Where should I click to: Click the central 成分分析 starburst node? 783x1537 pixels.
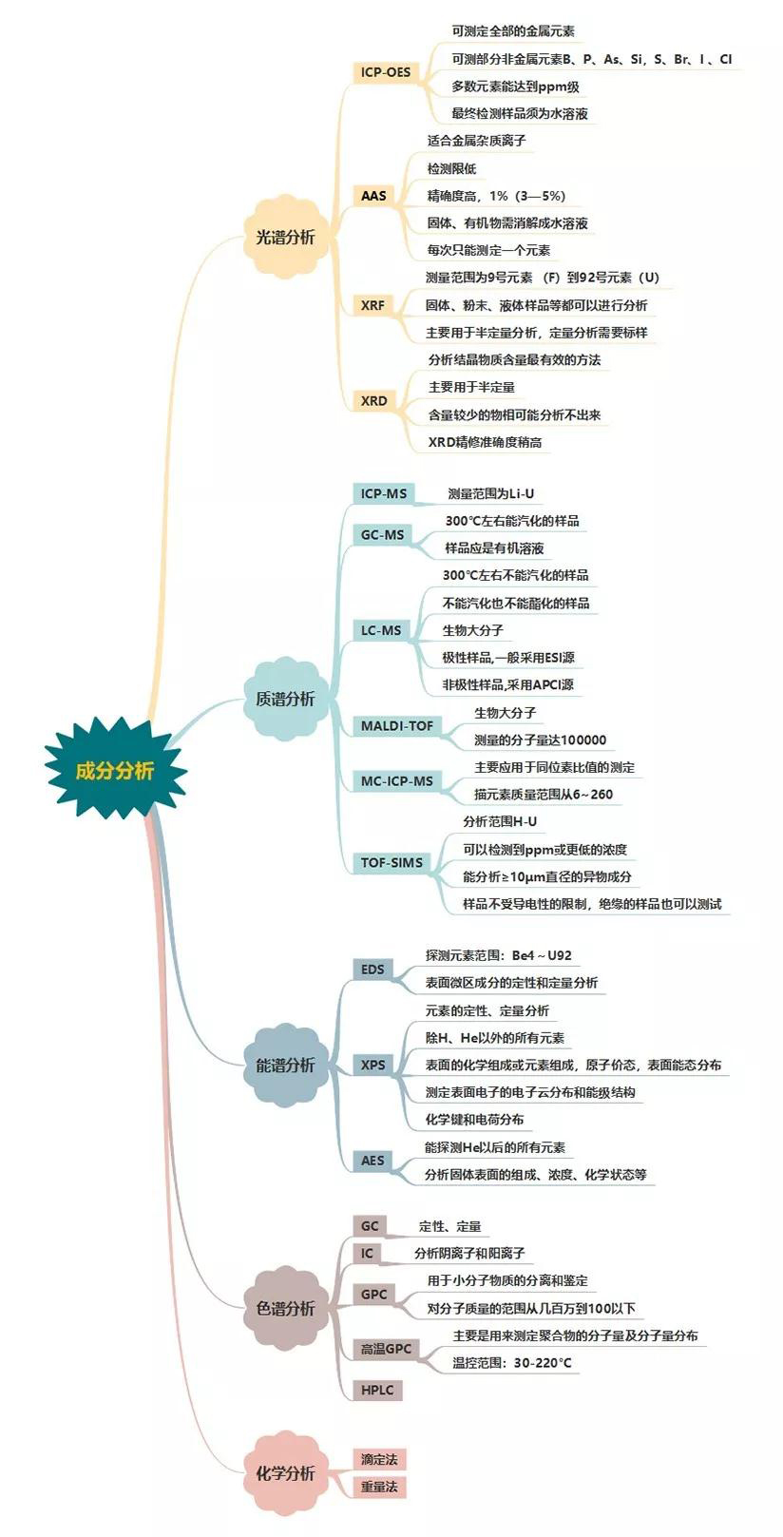pos(115,770)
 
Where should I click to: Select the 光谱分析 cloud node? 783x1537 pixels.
pos(285,238)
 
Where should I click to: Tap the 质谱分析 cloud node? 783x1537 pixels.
pos(285,699)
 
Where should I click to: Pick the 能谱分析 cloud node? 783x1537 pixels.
pos(285,1065)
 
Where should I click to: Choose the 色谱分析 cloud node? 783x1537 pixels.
pos(285,1308)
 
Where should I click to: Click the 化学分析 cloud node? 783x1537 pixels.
pos(285,1473)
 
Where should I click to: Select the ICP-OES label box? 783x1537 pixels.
pos(386,72)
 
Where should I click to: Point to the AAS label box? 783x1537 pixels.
pos(374,196)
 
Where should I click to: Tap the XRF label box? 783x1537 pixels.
pos(373,305)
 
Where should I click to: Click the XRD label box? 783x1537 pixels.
pos(374,401)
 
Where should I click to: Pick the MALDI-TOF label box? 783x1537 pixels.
pos(397,725)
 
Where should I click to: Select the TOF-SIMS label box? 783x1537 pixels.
pos(391,862)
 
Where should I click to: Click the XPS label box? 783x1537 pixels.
pos(372,1065)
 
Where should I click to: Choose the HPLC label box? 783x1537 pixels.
pos(377,1391)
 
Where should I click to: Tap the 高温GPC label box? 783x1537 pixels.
pos(387,1349)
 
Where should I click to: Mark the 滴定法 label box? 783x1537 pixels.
pos(379,1459)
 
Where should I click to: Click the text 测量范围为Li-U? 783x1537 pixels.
pos(490,493)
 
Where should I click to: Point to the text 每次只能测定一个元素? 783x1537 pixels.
pos(488,250)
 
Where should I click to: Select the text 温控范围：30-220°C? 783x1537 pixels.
pos(512,1363)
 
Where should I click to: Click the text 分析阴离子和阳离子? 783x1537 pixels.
pos(469,1253)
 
